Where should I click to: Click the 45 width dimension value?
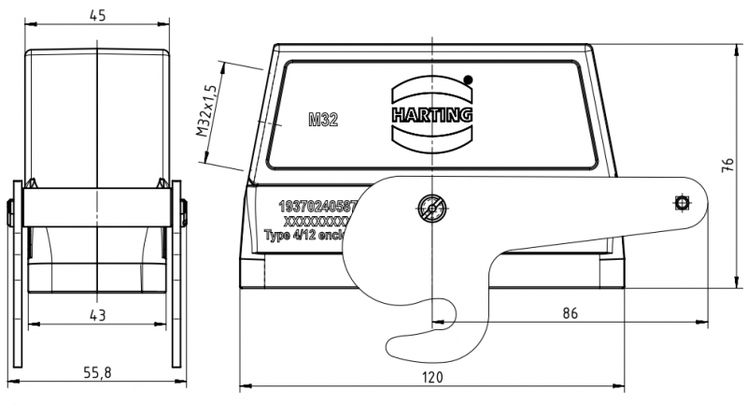click(x=97, y=14)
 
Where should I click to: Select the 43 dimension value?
click(x=97, y=315)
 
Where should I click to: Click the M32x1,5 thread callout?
click(x=207, y=110)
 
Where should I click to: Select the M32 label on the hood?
click(x=323, y=119)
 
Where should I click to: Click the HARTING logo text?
click(x=432, y=115)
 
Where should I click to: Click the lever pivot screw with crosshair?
click(x=430, y=207)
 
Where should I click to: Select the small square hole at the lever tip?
click(x=682, y=203)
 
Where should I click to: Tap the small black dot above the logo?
click(x=468, y=80)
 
